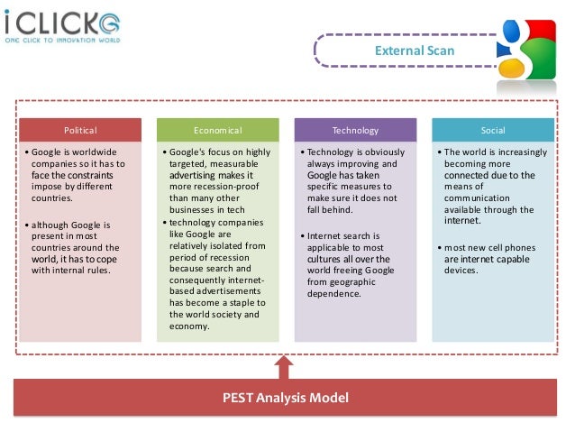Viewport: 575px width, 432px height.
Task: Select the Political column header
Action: (x=80, y=129)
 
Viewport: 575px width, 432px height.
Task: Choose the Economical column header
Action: (x=217, y=129)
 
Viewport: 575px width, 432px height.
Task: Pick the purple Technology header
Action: (x=355, y=129)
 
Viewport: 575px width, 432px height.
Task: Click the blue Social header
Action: (x=492, y=129)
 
